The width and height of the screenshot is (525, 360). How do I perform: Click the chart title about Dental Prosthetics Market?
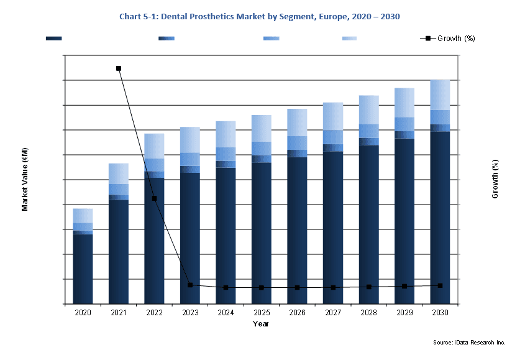click(x=260, y=16)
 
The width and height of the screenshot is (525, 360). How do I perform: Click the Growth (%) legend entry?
click(x=448, y=39)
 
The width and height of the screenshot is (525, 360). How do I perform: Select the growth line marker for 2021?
click(x=119, y=68)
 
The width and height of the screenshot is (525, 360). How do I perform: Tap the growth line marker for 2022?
click(x=154, y=198)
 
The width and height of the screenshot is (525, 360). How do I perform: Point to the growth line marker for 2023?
click(x=190, y=285)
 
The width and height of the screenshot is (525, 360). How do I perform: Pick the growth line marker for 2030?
click(x=441, y=285)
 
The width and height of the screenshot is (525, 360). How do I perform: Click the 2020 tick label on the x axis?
click(x=83, y=312)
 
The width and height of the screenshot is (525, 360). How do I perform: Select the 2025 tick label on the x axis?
click(x=262, y=312)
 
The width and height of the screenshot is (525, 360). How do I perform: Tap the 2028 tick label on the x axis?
click(x=368, y=312)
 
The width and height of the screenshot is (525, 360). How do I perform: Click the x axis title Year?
click(x=261, y=324)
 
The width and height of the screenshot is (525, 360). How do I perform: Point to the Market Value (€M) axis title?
click(x=25, y=179)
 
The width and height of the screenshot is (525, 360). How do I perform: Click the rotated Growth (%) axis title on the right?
click(x=495, y=179)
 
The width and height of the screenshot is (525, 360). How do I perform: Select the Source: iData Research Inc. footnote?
click(x=469, y=342)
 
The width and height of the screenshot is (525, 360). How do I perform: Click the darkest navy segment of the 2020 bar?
click(x=83, y=269)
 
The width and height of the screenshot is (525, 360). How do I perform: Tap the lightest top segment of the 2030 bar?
click(x=440, y=95)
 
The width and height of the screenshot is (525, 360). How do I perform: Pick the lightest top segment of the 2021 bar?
click(x=119, y=173)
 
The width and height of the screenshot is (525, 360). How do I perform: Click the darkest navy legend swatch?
click(x=54, y=39)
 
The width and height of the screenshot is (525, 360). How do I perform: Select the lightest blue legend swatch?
click(x=350, y=39)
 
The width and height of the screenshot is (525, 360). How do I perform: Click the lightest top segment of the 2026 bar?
click(x=298, y=122)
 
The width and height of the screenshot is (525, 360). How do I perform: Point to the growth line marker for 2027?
click(x=333, y=288)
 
